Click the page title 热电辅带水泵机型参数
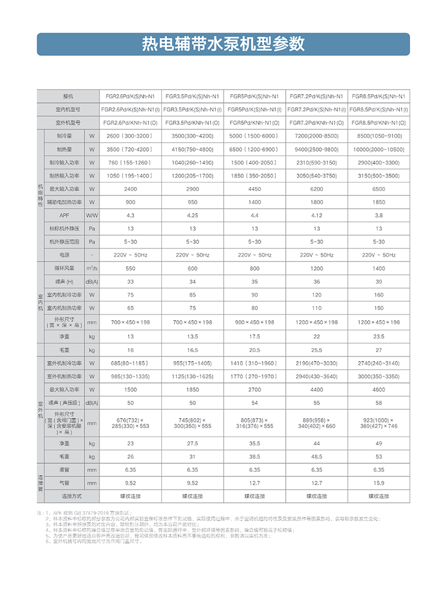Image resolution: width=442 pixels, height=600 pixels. pos(223,44)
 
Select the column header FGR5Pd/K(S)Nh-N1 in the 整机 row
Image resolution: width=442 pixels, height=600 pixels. pos(255,96)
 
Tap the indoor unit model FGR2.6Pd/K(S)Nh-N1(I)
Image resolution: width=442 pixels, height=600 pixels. pos(130,109)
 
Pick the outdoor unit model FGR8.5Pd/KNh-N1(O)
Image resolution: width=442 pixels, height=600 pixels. pos(379,123)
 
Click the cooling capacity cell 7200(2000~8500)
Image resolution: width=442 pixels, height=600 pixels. pos(317,136)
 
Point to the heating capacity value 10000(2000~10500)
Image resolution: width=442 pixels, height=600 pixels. pos(379,149)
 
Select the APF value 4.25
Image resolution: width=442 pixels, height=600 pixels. pos(192,215)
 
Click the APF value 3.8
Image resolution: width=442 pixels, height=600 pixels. pos(379,215)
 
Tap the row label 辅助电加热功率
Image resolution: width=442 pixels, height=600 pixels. pos(64,202)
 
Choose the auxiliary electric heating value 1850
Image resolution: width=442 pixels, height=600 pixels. pos(379,202)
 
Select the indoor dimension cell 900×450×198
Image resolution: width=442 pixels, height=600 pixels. pos(255,322)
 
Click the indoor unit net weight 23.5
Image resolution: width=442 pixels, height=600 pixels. pos(379,336)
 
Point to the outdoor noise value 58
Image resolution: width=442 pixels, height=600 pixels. pos(379,403)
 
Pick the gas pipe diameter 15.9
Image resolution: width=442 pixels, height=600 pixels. pos(379,482)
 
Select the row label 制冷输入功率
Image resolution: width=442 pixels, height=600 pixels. pos(64,162)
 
